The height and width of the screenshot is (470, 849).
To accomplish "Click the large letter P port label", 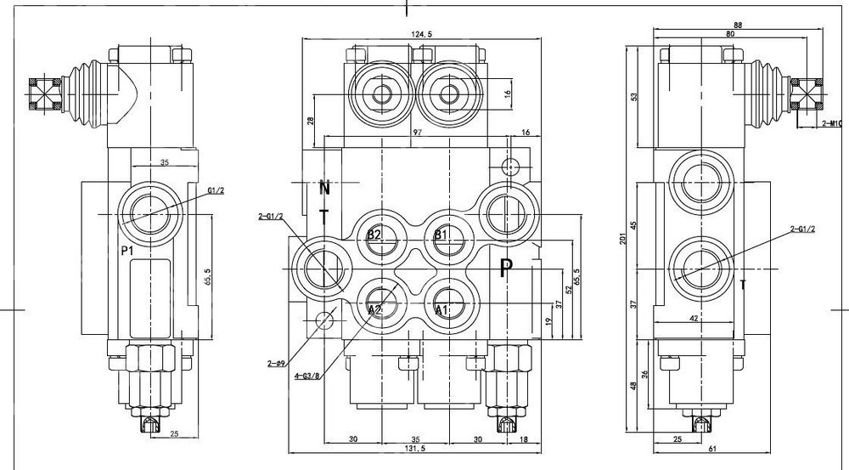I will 506,269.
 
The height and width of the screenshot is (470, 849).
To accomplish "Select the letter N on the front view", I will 323,187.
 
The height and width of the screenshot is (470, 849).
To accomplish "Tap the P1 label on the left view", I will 127,251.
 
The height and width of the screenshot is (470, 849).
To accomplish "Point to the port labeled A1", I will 442,309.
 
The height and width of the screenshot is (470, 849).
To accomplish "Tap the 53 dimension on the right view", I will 633,96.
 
